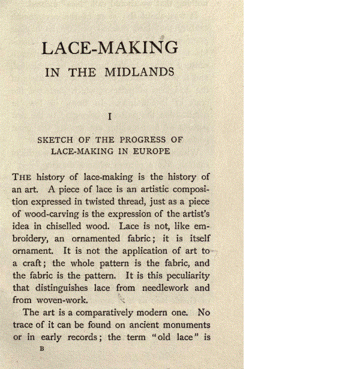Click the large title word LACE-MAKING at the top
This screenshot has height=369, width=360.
[x=110, y=48]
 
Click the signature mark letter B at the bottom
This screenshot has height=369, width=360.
[x=41, y=348]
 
